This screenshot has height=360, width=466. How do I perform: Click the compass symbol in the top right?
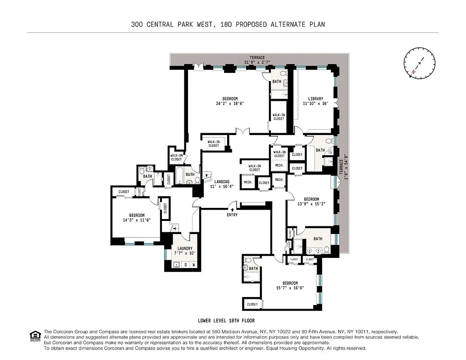coord(420,63)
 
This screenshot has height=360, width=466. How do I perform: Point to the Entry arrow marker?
coord(232,209)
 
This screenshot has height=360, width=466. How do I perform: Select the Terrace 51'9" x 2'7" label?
coord(255,60)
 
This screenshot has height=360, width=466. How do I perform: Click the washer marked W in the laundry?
coord(193,265)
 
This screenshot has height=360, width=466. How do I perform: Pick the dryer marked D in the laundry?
coord(185,265)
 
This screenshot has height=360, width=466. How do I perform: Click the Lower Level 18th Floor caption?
coord(226,321)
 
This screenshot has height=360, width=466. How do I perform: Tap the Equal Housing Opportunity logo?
coord(34,335)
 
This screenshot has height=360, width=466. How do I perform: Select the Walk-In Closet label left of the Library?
coord(278,117)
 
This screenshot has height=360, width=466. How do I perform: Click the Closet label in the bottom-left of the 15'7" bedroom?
coord(252,304)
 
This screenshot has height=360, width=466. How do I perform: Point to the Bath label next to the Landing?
coord(190,175)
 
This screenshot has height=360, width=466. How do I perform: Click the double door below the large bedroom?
coord(243,132)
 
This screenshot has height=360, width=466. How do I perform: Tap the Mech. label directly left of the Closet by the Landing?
coord(247,182)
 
